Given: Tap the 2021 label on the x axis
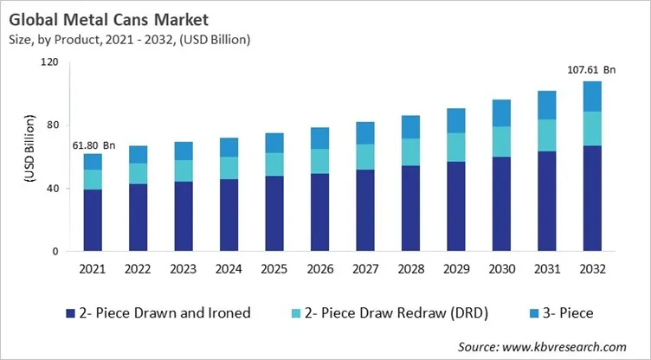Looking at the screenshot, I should click(93, 268).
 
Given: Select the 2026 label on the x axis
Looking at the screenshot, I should click(319, 268).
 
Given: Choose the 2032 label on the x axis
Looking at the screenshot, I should click(592, 268).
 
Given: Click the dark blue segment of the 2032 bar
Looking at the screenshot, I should click(592, 198).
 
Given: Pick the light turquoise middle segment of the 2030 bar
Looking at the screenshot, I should click(501, 141).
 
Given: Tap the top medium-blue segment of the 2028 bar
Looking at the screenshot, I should click(410, 127).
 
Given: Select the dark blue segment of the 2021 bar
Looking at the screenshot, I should click(93, 221).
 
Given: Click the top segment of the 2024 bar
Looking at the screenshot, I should click(229, 147).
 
